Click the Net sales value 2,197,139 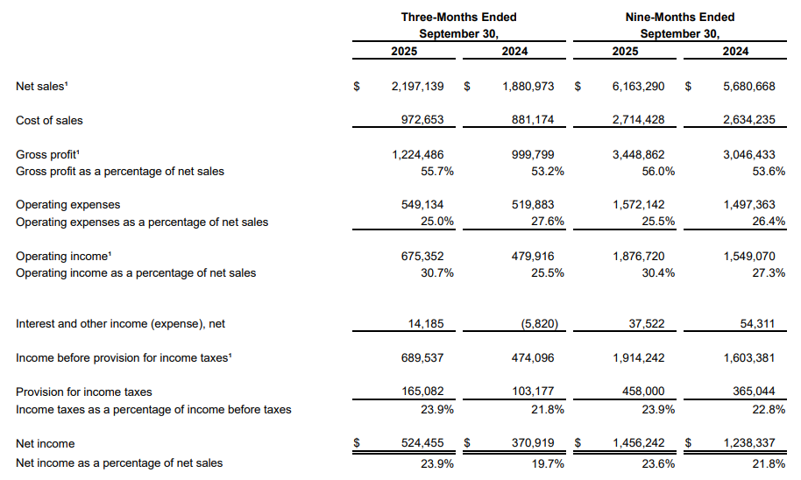click(x=417, y=87)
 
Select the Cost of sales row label click(x=49, y=121)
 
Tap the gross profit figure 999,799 click(x=533, y=154)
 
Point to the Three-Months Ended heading click(x=458, y=17)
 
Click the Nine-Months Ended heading click(x=680, y=17)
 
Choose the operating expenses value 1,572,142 click(x=639, y=205)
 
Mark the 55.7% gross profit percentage click(x=437, y=172)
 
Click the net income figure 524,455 click(x=422, y=442)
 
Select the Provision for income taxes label click(x=84, y=392)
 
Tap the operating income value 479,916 click(x=533, y=257)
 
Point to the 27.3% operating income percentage click(x=769, y=273)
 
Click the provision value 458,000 click(x=643, y=392)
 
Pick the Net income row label click(x=45, y=444)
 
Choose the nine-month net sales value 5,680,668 click(x=749, y=87)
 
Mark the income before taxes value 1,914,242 click(x=639, y=358)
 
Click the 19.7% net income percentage click(x=548, y=463)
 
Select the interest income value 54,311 click(x=757, y=324)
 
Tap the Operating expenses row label click(x=68, y=205)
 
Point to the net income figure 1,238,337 click(x=749, y=442)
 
